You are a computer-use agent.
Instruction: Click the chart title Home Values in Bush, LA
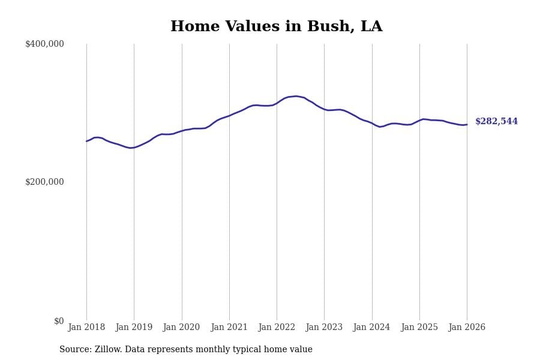[x=276, y=27]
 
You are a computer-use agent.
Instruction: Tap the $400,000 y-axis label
[x=44, y=44]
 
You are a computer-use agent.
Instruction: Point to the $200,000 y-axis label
[x=44, y=182]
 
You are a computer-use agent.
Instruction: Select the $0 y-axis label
[x=59, y=321]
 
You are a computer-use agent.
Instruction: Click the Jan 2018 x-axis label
[x=86, y=328]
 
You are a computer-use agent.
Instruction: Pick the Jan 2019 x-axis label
[x=134, y=328]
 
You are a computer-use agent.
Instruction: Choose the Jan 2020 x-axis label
[x=182, y=328]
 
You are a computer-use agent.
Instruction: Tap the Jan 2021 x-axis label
[x=229, y=328]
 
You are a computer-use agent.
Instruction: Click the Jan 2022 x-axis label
[x=277, y=328]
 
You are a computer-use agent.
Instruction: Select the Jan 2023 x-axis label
[x=324, y=328]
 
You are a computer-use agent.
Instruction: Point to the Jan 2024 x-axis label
[x=372, y=328]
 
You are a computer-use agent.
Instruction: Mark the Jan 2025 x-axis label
[x=419, y=328]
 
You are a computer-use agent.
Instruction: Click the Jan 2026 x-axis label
[x=467, y=328]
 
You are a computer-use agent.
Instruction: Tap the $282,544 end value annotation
[x=496, y=122]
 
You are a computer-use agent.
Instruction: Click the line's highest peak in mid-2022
[x=296, y=96]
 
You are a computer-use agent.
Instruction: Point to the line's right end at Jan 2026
[x=467, y=125]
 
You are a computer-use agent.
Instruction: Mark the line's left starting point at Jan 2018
[x=86, y=141]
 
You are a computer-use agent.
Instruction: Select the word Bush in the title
[x=326, y=27]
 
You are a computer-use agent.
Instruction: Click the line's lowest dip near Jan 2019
[x=130, y=148]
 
